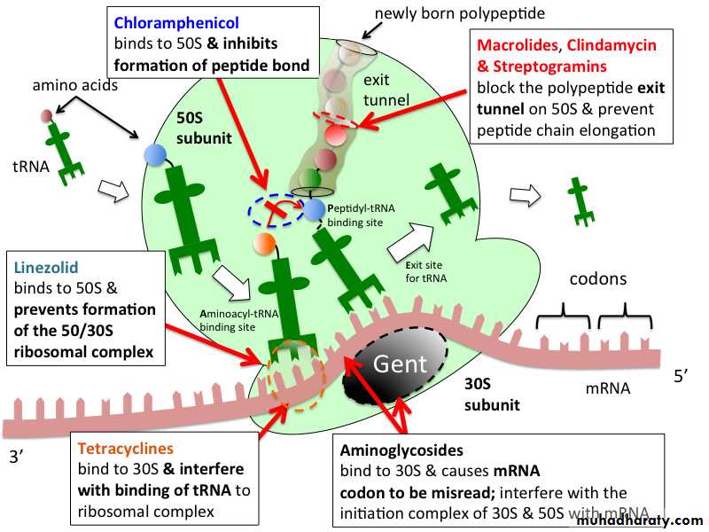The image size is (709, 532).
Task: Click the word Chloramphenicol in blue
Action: (176, 23)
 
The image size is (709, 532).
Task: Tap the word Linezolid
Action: (46, 268)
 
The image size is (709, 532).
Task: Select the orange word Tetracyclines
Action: (125, 449)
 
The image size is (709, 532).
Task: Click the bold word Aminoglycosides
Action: (401, 450)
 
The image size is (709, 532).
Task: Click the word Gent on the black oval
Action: (401, 364)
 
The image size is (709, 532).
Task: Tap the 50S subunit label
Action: (204, 128)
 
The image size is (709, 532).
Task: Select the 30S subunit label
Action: (492, 394)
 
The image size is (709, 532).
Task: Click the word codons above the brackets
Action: (597, 278)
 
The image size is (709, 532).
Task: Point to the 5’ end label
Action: (682, 375)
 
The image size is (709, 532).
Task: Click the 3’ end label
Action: (17, 457)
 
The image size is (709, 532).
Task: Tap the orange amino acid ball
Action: (265, 244)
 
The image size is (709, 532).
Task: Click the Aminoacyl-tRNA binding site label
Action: (238, 320)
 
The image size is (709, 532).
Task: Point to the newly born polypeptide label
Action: (459, 13)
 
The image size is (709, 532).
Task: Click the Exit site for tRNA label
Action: (425, 271)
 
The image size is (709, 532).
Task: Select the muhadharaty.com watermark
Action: (640, 520)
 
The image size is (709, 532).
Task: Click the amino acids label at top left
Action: (75, 85)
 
